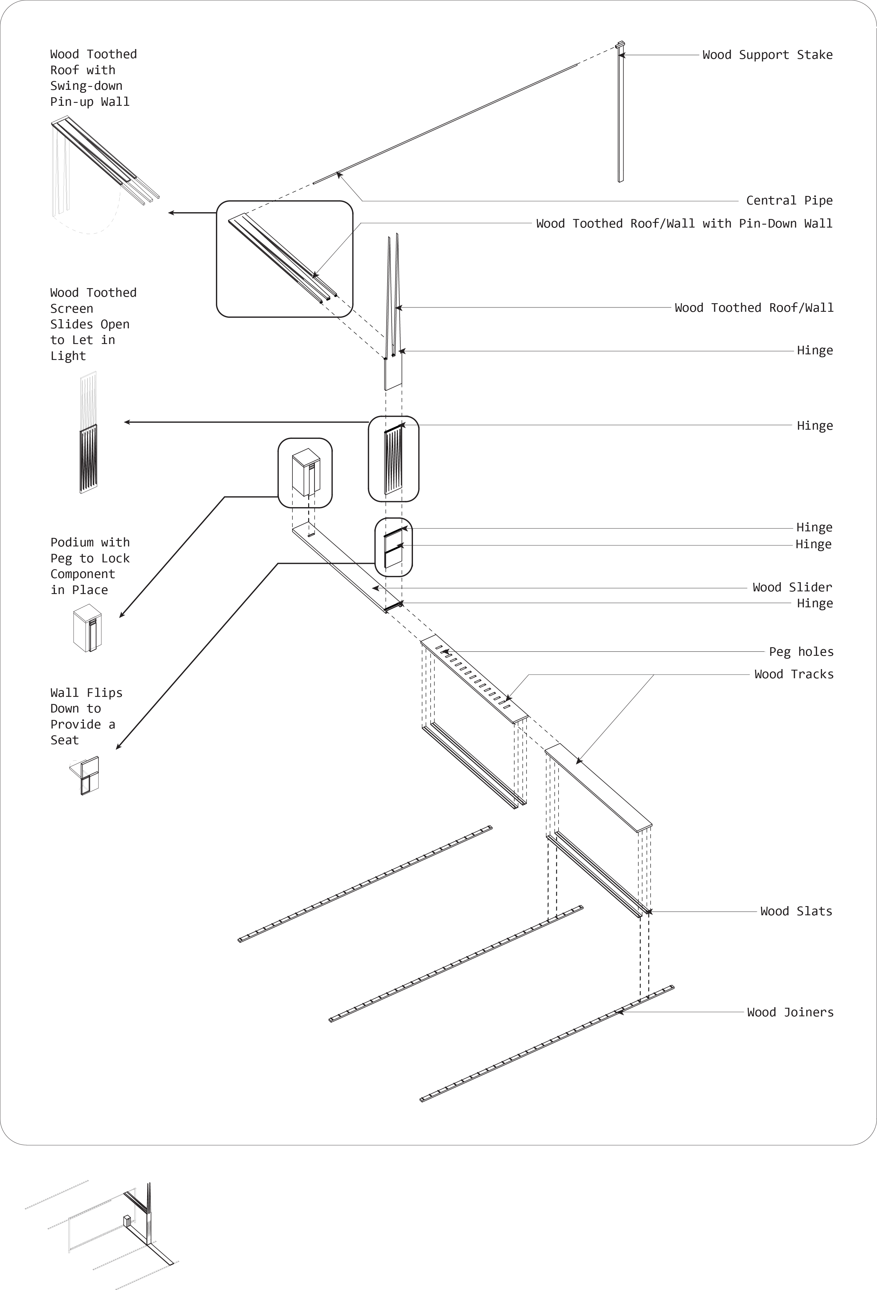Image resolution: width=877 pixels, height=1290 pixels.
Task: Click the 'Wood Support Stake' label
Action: tap(767, 55)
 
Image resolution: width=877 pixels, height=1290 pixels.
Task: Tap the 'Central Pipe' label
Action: tap(789, 200)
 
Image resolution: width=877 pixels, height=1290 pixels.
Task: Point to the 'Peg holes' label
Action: tap(800, 652)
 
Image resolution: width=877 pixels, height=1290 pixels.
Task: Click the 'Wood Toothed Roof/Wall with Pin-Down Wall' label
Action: tap(684, 224)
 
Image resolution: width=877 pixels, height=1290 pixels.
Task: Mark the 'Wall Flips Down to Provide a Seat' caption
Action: tap(86, 716)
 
